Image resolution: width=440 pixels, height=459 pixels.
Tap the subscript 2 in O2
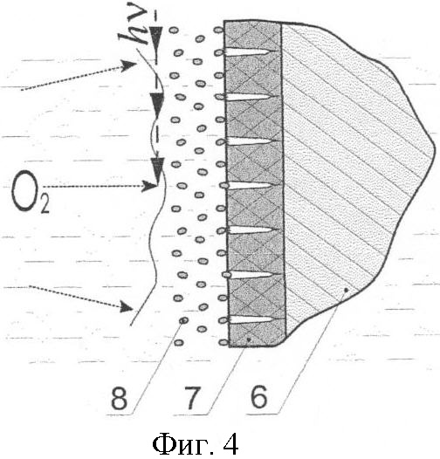[x=45, y=203]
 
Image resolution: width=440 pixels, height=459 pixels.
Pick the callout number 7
[x=192, y=398]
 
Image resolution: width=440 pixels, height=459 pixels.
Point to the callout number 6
[x=259, y=396]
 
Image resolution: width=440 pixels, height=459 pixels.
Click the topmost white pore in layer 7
[x=249, y=52]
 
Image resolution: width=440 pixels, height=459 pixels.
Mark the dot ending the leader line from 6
[x=346, y=290]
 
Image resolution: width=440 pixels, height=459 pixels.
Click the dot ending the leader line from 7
[x=249, y=339]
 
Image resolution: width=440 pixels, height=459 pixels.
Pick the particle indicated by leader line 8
[x=183, y=321]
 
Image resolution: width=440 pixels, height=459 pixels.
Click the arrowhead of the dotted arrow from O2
[x=149, y=186]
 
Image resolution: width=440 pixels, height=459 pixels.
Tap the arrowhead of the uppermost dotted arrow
[x=129, y=65]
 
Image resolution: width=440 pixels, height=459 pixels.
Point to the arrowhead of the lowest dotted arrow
[x=127, y=306]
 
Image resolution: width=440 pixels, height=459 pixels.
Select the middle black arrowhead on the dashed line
[x=157, y=103]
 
